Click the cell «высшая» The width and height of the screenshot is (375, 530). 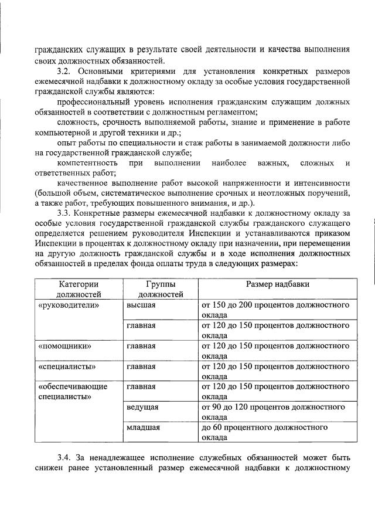[x=141, y=305]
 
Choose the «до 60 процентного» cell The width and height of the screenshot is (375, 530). [x=265, y=432]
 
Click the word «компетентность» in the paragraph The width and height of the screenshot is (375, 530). [x=88, y=162]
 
